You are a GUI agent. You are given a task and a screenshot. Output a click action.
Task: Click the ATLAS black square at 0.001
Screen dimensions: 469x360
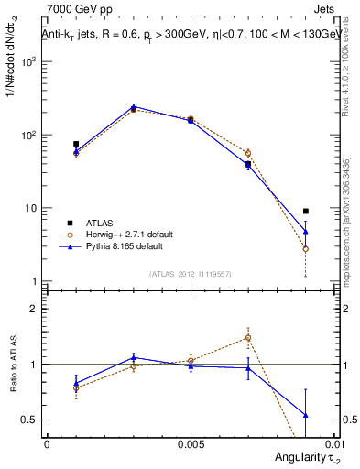coord(76,144)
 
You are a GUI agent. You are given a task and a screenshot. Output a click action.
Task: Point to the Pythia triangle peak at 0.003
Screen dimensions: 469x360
coord(134,107)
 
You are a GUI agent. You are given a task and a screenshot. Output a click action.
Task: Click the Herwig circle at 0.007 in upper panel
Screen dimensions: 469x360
coord(248,153)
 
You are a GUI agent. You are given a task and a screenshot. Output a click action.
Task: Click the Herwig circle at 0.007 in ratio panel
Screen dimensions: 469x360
coord(248,337)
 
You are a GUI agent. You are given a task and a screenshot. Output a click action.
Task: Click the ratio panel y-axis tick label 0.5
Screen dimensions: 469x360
coord(31,420)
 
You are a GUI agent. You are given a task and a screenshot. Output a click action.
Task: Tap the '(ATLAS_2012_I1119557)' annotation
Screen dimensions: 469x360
coord(191,274)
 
